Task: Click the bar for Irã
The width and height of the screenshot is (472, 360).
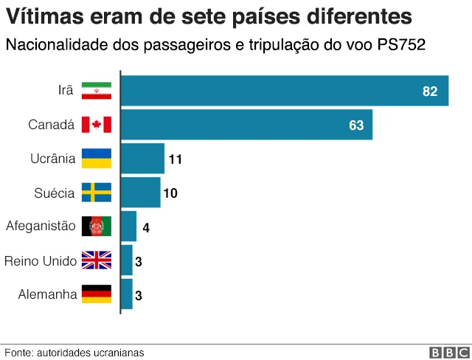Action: click(x=284, y=91)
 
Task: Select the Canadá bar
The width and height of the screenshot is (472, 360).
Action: click(x=246, y=125)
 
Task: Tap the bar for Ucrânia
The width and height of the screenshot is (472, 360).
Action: click(x=142, y=159)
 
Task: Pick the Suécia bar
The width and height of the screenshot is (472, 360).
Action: click(x=140, y=193)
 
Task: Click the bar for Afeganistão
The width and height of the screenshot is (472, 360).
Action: click(x=128, y=226)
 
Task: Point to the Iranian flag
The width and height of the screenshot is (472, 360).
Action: click(x=96, y=91)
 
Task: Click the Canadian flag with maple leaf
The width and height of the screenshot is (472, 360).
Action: click(x=96, y=125)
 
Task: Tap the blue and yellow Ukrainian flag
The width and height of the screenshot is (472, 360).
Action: click(x=96, y=159)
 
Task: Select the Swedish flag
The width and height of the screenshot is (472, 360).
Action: click(x=96, y=193)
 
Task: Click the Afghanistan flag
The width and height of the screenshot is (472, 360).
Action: click(x=96, y=226)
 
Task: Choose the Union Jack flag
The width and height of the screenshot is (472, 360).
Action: click(x=96, y=260)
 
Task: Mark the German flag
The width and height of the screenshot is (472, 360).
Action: click(x=96, y=294)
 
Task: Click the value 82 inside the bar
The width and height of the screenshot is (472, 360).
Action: click(x=430, y=91)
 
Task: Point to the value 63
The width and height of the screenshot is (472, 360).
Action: click(x=356, y=125)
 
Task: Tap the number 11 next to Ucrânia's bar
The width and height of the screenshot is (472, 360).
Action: click(x=175, y=159)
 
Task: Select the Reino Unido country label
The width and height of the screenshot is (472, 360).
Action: click(x=40, y=260)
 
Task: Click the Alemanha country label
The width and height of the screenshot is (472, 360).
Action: click(x=47, y=294)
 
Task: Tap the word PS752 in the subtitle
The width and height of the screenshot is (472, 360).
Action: click(x=400, y=45)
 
